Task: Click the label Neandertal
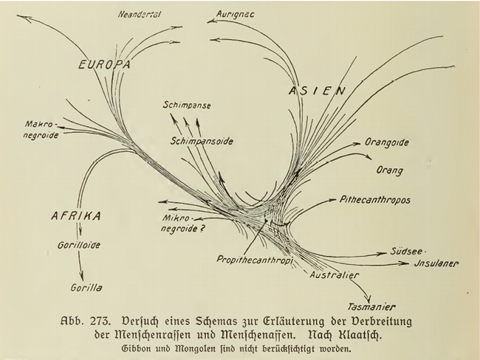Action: pos(140,14)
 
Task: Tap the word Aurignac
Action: pos(235,14)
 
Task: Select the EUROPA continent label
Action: pos(104,64)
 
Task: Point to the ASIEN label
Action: pos(317,91)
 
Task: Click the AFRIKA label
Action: pos(76,216)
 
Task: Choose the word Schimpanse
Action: pos(187,105)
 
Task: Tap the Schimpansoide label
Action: pos(202,142)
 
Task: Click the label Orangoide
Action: pos(387,142)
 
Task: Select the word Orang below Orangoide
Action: pos(389,170)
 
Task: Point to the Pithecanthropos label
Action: pos(375,200)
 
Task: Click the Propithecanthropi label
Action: pos(255,260)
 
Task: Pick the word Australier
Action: pos(334,274)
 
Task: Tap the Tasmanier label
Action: pos(371,306)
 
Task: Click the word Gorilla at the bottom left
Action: pos(86,288)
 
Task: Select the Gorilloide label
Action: pos(79,245)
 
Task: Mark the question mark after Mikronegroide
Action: pos(201,228)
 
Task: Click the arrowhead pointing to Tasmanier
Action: pos(369,298)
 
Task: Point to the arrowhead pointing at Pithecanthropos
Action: pos(332,200)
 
